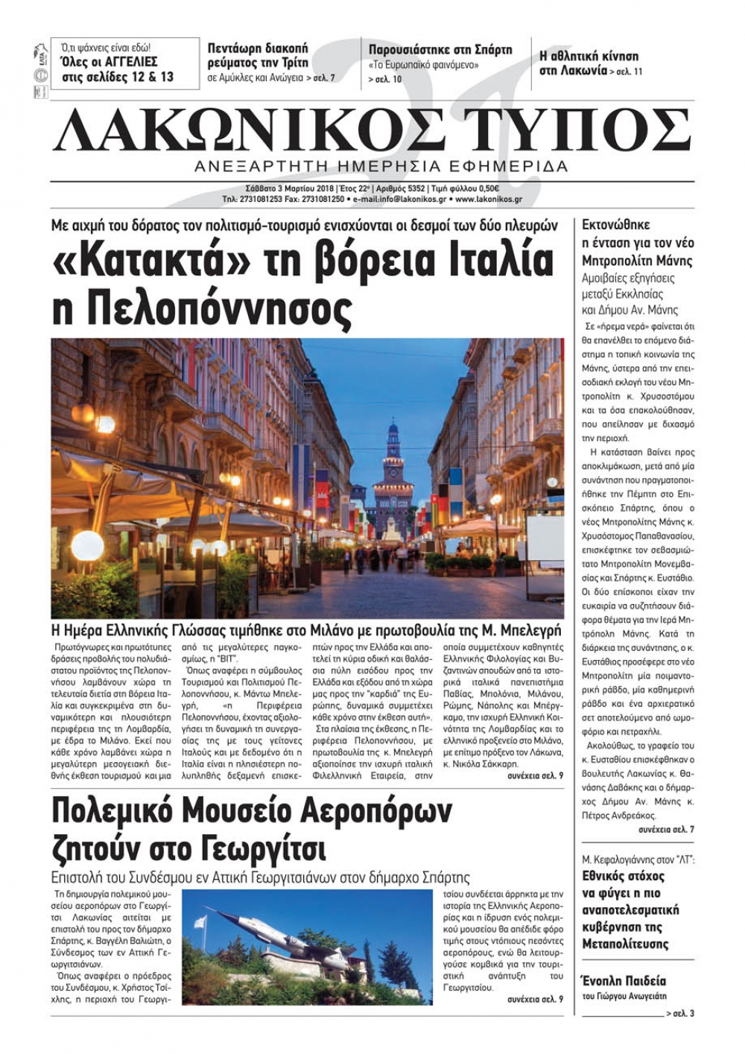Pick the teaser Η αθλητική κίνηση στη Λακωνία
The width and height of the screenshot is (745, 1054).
589,63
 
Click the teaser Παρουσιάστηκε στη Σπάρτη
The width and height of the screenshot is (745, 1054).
440,50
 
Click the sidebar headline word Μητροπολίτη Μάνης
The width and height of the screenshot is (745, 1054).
637,261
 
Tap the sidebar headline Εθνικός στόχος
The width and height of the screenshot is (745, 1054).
623,876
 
